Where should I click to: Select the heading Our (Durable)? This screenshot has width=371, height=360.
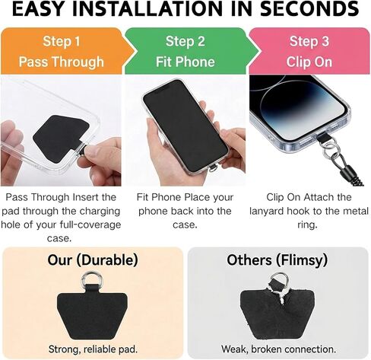click(x=93, y=260)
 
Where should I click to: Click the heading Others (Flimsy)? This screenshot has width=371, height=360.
click(x=277, y=260)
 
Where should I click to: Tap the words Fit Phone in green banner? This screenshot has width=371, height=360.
click(x=185, y=60)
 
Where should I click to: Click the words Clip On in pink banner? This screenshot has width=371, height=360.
click(x=309, y=60)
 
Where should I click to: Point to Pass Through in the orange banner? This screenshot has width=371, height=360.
click(x=61, y=60)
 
